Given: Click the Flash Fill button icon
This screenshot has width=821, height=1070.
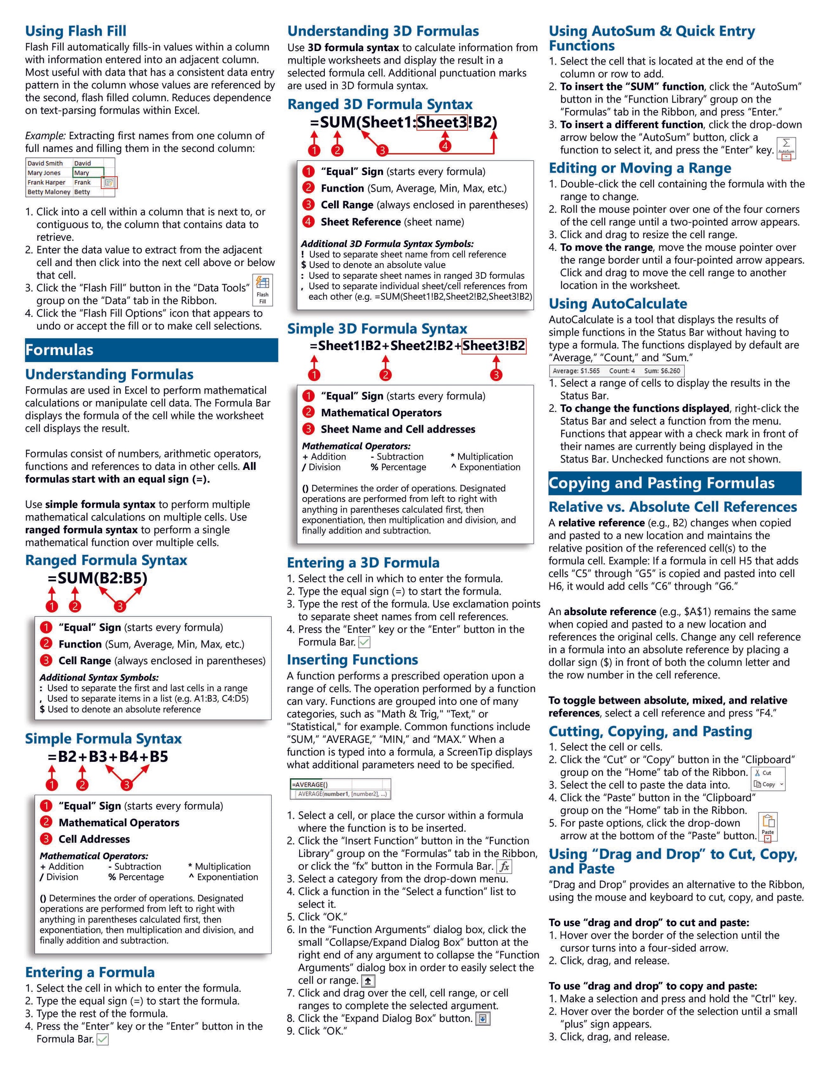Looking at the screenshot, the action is pyautogui.click(x=262, y=289).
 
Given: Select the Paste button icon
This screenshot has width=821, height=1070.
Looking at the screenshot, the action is pyautogui.click(x=767, y=826).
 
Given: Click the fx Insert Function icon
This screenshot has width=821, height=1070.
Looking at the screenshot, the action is pyautogui.click(x=504, y=866).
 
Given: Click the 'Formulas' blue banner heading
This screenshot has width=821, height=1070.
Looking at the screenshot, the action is pyautogui.click(x=59, y=349).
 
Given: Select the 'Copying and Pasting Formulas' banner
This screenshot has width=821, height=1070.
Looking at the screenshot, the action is pyautogui.click(x=661, y=483).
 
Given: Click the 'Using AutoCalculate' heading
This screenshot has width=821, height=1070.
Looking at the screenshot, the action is pyautogui.click(x=618, y=304).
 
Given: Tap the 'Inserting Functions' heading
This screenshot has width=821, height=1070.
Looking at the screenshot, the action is pyautogui.click(x=352, y=660).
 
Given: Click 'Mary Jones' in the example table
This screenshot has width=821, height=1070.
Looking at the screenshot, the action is pyautogui.click(x=44, y=173).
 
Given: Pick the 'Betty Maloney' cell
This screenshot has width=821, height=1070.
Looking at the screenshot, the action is pyautogui.click(x=49, y=192).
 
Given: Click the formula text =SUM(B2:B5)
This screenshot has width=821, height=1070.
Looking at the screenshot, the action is pyautogui.click(x=97, y=578).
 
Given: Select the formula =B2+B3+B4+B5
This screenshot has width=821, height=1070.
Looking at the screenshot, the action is pyautogui.click(x=108, y=756).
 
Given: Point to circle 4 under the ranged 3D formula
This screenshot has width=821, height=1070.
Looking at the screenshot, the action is pyautogui.click(x=445, y=146).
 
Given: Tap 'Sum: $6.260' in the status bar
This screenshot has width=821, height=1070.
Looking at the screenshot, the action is pyautogui.click(x=662, y=371).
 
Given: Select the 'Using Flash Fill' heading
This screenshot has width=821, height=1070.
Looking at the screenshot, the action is pyautogui.click(x=76, y=31).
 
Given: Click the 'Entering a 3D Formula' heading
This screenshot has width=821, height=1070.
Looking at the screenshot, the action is pyautogui.click(x=363, y=562).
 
